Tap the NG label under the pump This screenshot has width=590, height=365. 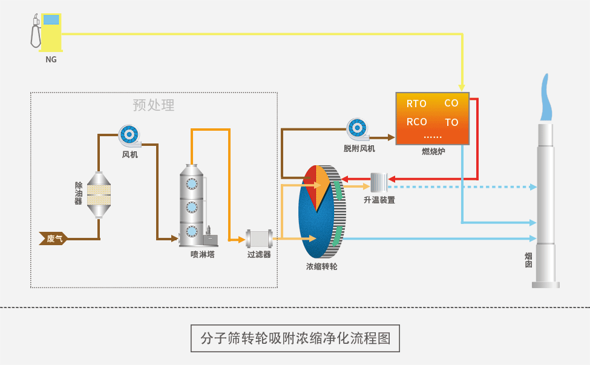51,59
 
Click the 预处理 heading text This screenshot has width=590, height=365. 154,105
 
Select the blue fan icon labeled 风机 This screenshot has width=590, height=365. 129,136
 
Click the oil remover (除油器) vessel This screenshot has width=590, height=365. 98,194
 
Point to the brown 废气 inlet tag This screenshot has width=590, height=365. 53,238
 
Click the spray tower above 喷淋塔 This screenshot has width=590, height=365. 192,206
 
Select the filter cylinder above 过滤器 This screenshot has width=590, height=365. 259,239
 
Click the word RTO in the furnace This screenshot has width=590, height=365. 416,104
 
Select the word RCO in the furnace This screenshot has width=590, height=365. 416,122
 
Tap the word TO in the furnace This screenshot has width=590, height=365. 451,122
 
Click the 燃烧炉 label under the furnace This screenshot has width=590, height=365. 433,151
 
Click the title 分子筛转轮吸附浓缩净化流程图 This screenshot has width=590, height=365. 295,338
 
